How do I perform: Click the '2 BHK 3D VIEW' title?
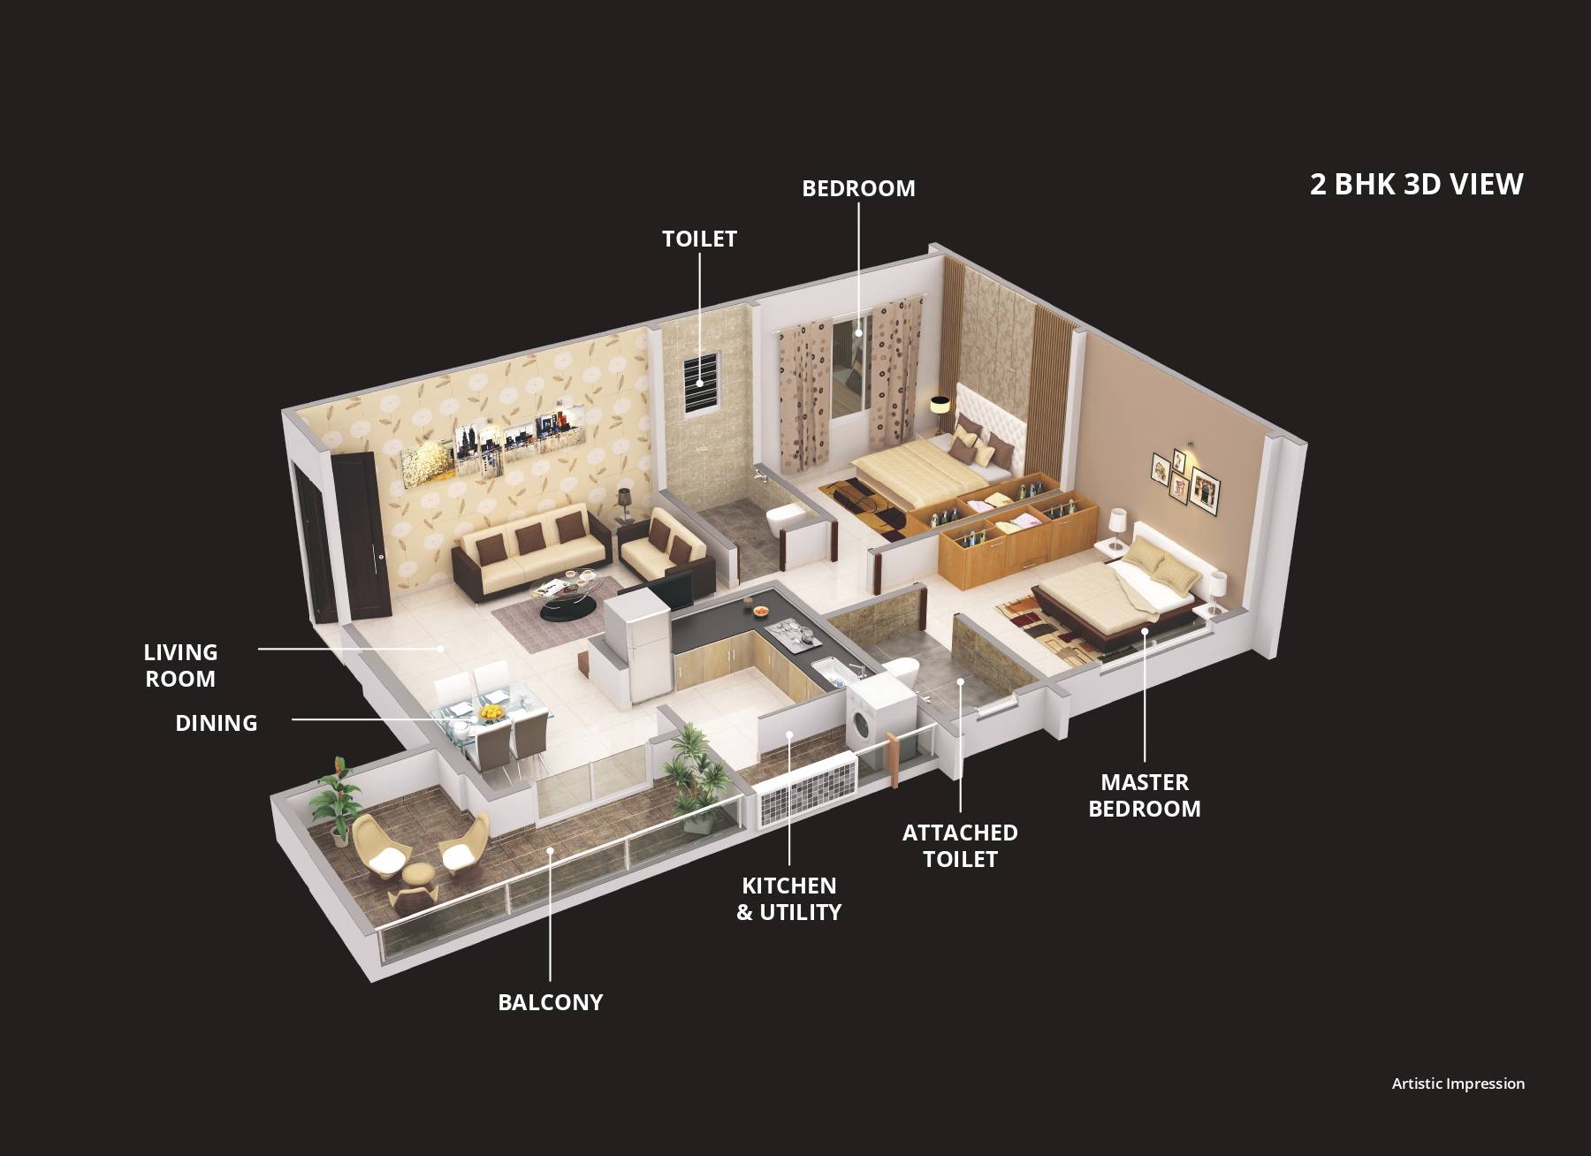point(1416,184)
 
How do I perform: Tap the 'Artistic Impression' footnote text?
point(1458,1084)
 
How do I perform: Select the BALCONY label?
point(550,1002)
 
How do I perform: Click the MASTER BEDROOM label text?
point(1144,795)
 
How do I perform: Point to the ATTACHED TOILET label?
point(960,846)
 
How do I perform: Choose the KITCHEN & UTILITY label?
point(788,899)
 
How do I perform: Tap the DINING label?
point(216,723)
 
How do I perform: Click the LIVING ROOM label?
point(180,665)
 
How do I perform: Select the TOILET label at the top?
point(699,239)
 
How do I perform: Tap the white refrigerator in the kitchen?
point(638,645)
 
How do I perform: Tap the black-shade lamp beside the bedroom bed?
point(939,406)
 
